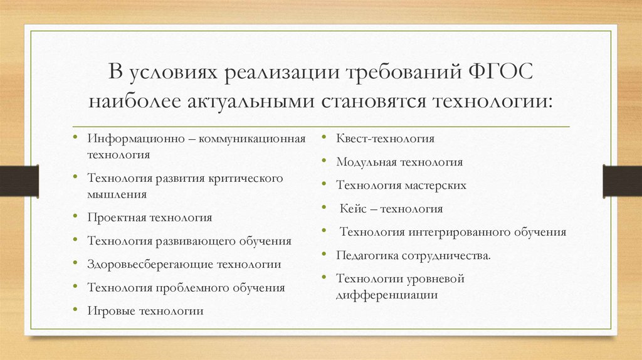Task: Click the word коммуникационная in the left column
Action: [x=252, y=139]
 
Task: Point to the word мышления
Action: [x=117, y=194]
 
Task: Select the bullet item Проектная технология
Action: [x=150, y=218]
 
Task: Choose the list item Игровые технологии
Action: [x=145, y=311]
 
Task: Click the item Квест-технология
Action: [x=385, y=139]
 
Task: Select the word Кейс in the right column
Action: [x=354, y=209]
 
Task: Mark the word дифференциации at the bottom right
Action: [x=387, y=295]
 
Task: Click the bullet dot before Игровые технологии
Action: [x=75, y=310]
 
